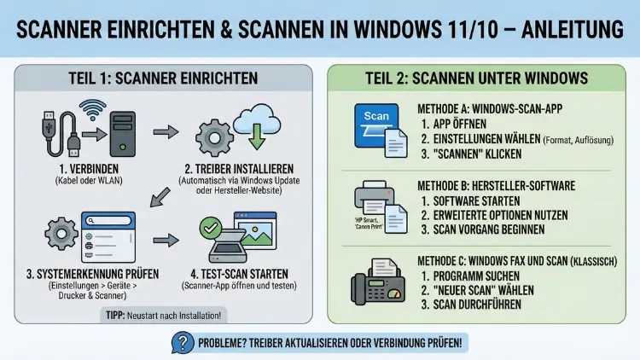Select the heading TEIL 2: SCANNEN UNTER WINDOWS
point(476,78)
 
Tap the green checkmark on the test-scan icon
point(210,228)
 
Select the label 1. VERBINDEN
point(83,169)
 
